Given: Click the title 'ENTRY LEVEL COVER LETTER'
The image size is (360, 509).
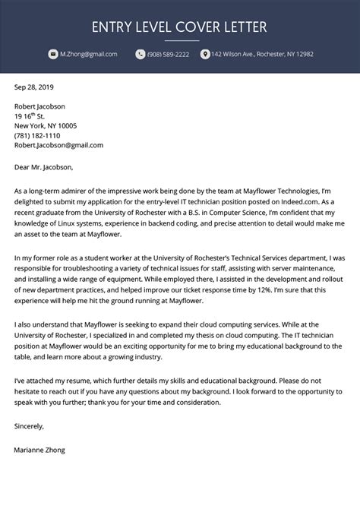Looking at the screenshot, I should coord(179,27).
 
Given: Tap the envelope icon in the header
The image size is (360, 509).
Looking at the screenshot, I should coord(52,55).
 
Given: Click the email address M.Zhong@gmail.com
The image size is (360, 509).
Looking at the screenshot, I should coord(89,55).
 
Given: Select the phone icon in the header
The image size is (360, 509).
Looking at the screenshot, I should coord(140,55).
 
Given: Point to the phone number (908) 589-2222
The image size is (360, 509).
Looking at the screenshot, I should coord(169,55).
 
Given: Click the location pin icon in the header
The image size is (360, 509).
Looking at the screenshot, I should coord(204,55).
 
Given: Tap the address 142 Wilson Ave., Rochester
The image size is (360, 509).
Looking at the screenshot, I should coord(261,55).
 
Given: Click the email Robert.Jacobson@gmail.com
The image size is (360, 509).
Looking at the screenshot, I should coord(58,144).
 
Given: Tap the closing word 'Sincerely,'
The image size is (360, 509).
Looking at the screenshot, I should coord(29,426).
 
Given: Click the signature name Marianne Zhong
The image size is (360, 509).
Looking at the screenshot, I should coord(39,450).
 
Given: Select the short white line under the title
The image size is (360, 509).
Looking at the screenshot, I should coord(179,40).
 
